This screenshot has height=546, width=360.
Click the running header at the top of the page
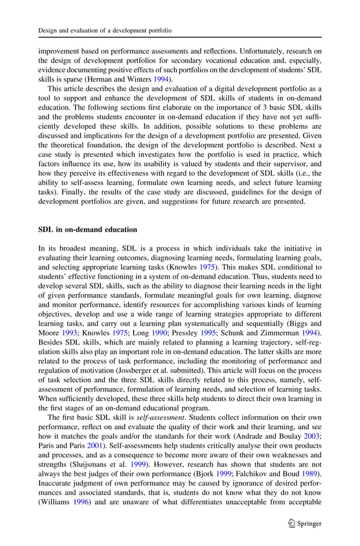[x=104, y=29]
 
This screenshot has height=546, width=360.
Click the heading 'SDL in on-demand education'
[x=87, y=230]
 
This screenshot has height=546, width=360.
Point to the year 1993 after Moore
[x=68, y=332]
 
